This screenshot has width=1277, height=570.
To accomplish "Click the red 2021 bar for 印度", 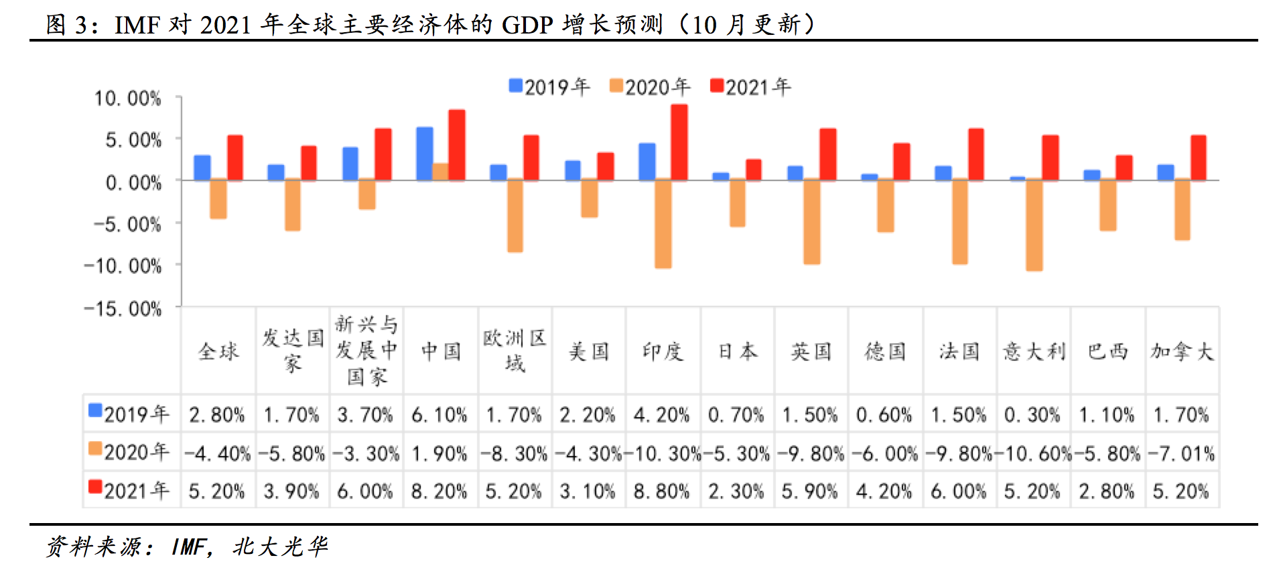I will click(x=679, y=142).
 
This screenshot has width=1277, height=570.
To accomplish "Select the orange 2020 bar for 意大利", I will click(x=1034, y=225).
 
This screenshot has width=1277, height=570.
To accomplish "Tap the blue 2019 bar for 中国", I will click(x=425, y=154).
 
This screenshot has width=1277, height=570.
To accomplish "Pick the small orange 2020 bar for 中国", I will click(x=440, y=172).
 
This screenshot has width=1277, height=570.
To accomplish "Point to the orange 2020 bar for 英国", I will click(x=811, y=221).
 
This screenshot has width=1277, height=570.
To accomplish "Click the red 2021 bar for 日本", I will click(x=753, y=170).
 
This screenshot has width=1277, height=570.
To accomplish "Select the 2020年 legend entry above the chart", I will click(x=650, y=87).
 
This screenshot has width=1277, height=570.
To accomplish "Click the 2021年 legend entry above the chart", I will click(x=750, y=87).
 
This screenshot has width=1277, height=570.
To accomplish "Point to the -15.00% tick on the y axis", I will click(x=123, y=308).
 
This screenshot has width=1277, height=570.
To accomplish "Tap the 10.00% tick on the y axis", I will click(x=127, y=99).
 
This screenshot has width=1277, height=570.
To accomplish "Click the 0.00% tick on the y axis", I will click(x=133, y=182).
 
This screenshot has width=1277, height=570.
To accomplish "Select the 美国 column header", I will click(x=589, y=351).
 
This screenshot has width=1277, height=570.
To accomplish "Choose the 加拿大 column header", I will click(x=1182, y=351).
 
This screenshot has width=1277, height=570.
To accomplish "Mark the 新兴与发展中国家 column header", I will click(x=366, y=351).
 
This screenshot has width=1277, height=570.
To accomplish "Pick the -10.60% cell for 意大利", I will click(x=1034, y=454).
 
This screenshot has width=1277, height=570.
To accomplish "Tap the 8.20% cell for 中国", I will click(x=440, y=492).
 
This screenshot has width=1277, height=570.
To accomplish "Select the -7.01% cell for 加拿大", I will click(x=1182, y=454).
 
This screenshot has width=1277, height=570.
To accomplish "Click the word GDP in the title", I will click(x=527, y=25).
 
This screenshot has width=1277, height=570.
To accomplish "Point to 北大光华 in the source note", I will click(x=280, y=547).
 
